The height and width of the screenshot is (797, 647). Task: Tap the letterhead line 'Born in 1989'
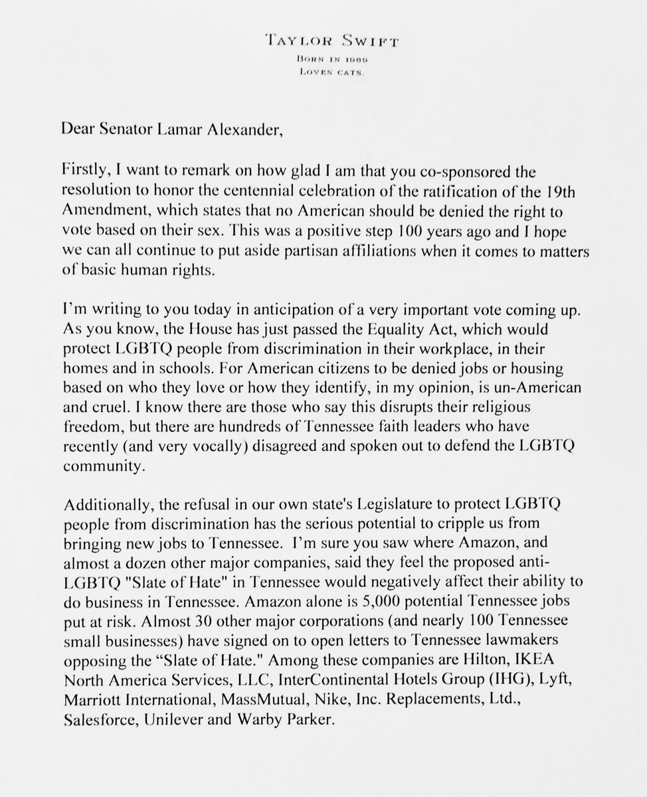pos(323,60)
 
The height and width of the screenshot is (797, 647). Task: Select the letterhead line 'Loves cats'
pos(323,73)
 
